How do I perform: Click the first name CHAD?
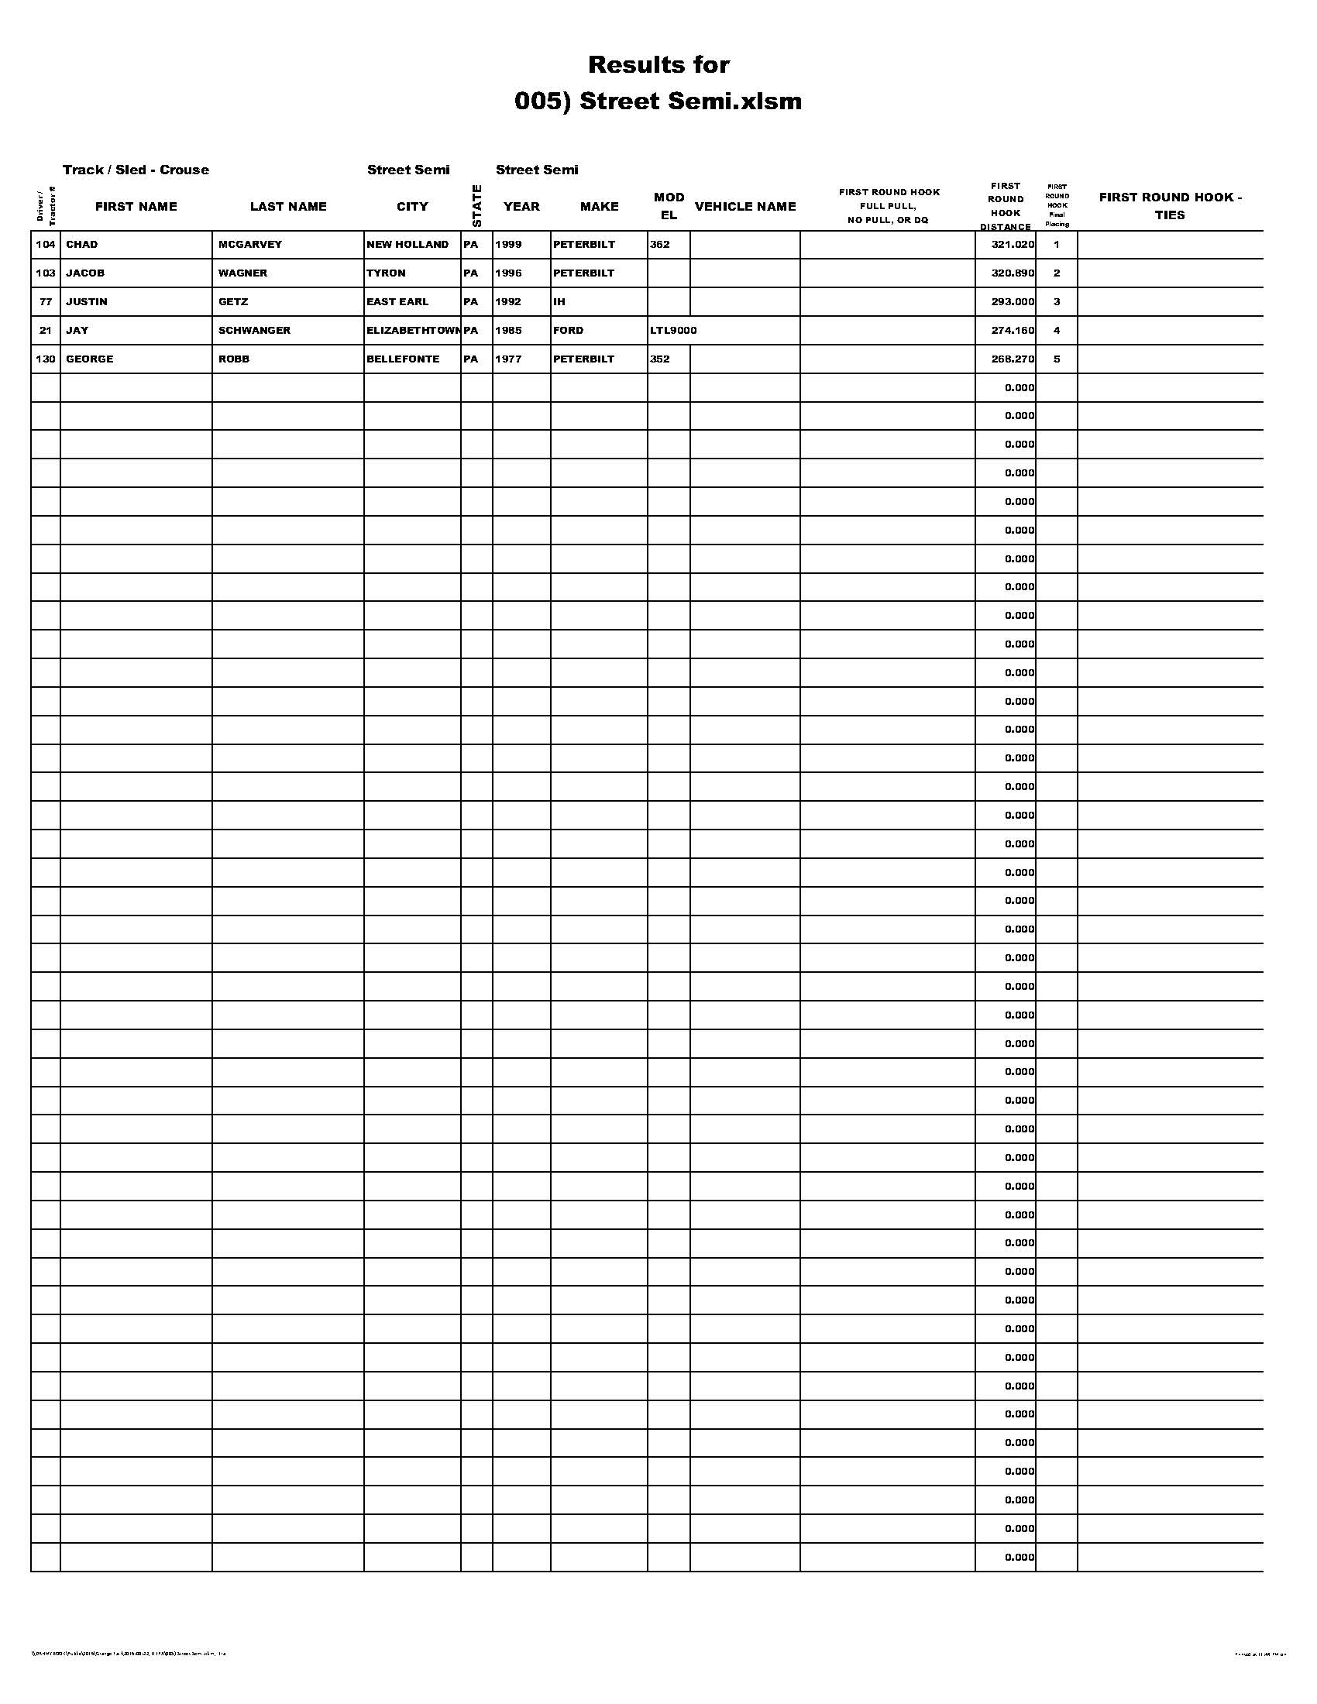[x=82, y=244]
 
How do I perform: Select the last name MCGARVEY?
[x=249, y=244]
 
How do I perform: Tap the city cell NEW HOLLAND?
[x=407, y=244]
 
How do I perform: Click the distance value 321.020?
[x=1013, y=244]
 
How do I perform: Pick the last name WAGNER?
[x=242, y=273]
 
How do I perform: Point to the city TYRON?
[x=387, y=273]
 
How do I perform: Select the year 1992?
[x=508, y=302]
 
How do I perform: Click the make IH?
[x=559, y=302]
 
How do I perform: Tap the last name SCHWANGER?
[x=254, y=331]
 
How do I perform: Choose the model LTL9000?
[x=673, y=331]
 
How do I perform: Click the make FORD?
[x=568, y=331]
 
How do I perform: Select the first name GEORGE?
[x=90, y=359]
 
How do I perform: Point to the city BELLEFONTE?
[x=403, y=359]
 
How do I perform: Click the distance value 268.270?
[x=1013, y=359]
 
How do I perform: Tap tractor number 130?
[x=45, y=359]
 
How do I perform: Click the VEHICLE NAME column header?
[x=745, y=207]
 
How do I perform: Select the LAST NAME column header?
[x=288, y=207]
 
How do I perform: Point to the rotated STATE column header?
[x=476, y=207]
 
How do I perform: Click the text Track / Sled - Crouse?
[x=136, y=170]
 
